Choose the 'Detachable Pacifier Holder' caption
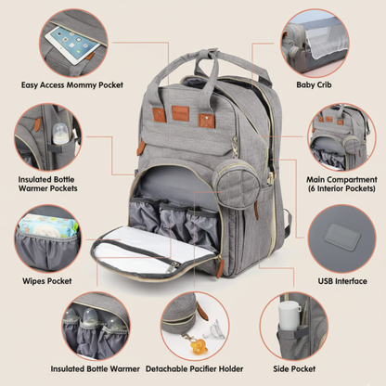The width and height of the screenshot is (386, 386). pos(193,367)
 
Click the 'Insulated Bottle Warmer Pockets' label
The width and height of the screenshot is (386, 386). pos(48,183)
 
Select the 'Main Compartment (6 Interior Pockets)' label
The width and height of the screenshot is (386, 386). pos(339,183)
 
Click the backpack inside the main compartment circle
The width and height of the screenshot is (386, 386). pos(338,135)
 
